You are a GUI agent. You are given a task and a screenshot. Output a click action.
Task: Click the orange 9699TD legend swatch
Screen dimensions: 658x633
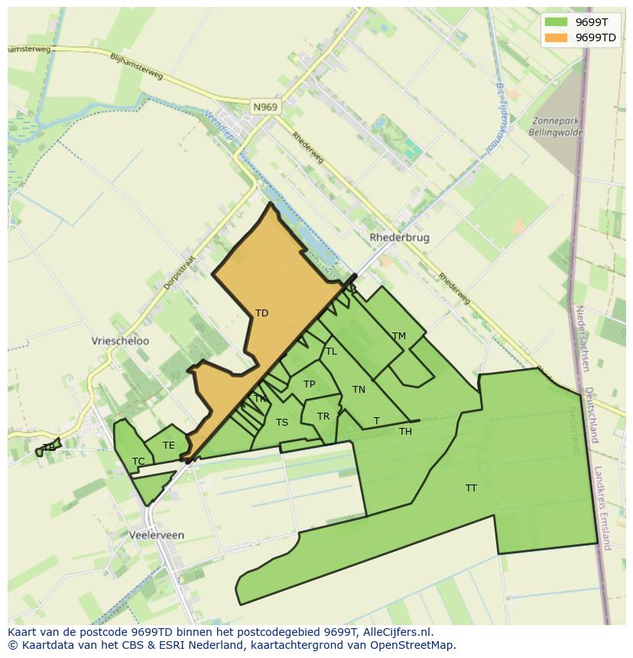pyautogui.click(x=556, y=37)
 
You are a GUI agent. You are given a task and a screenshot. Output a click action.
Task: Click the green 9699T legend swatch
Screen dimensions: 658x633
pyautogui.click(x=556, y=22)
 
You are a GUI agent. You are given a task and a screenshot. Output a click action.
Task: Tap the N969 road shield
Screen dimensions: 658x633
pyautogui.click(x=265, y=108)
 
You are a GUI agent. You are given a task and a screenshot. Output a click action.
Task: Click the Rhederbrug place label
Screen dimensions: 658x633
pyautogui.click(x=399, y=238)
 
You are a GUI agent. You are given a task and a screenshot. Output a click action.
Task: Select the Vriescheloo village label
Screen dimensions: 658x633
pyautogui.click(x=120, y=342)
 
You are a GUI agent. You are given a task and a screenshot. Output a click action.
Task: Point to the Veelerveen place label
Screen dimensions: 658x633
pyautogui.click(x=157, y=536)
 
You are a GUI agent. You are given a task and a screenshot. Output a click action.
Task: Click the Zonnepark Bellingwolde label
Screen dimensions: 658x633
pyautogui.click(x=556, y=126)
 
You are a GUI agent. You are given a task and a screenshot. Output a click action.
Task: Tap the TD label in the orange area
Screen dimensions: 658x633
pyautogui.click(x=261, y=313)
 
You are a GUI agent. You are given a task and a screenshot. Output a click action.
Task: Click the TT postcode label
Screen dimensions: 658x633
pyautogui.click(x=471, y=488)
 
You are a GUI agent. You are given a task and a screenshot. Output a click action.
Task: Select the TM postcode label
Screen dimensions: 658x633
pyautogui.click(x=398, y=336)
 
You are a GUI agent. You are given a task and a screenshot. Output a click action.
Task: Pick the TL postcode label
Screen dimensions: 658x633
pyautogui.click(x=331, y=352)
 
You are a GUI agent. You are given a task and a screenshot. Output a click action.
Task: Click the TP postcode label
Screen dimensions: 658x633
pyautogui.click(x=309, y=384)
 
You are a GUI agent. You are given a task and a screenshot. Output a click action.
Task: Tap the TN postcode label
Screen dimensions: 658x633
pyautogui.click(x=359, y=390)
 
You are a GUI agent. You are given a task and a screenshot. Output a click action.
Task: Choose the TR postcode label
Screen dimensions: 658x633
pyautogui.click(x=323, y=417)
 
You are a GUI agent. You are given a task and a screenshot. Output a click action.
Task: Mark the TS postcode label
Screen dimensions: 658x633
pyautogui.click(x=282, y=423)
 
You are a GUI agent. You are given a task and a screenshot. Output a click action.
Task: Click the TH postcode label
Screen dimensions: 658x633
pyautogui.click(x=405, y=432)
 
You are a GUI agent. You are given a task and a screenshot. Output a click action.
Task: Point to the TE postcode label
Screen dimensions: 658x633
pyautogui.click(x=169, y=446)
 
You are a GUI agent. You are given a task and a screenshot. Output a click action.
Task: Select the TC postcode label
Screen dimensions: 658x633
pyautogui.click(x=138, y=462)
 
